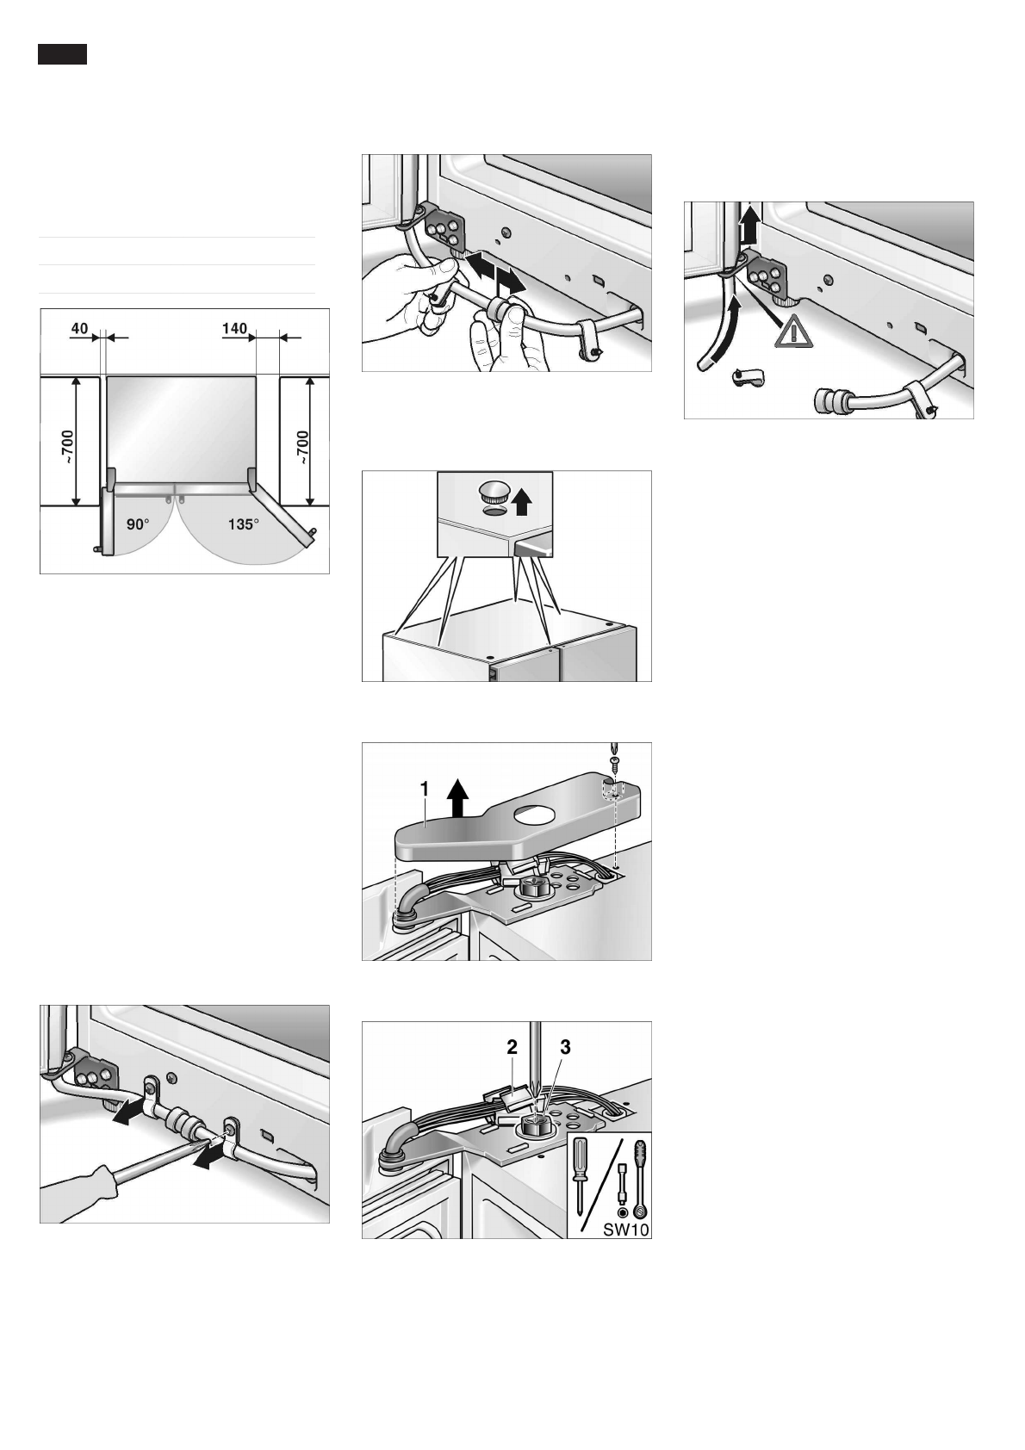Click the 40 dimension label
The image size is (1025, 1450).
pyautogui.click(x=79, y=328)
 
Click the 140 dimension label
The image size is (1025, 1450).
pyautogui.click(x=234, y=328)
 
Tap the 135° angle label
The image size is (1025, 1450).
pyautogui.click(x=243, y=524)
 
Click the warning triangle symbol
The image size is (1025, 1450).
pyautogui.click(x=792, y=331)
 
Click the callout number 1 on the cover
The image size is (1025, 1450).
pyautogui.click(x=424, y=788)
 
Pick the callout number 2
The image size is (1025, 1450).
pyautogui.click(x=512, y=1047)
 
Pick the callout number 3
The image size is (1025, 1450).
pyautogui.click(x=565, y=1047)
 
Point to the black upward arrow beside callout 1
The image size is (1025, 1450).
pyautogui.click(x=458, y=795)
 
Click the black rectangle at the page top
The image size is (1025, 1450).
pyautogui.click(x=62, y=55)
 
